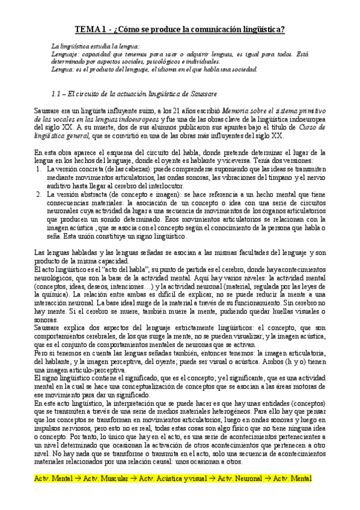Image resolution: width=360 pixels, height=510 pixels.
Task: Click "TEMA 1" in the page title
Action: tap(90, 29)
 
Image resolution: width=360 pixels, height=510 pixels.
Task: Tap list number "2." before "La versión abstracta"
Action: tap(38, 194)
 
